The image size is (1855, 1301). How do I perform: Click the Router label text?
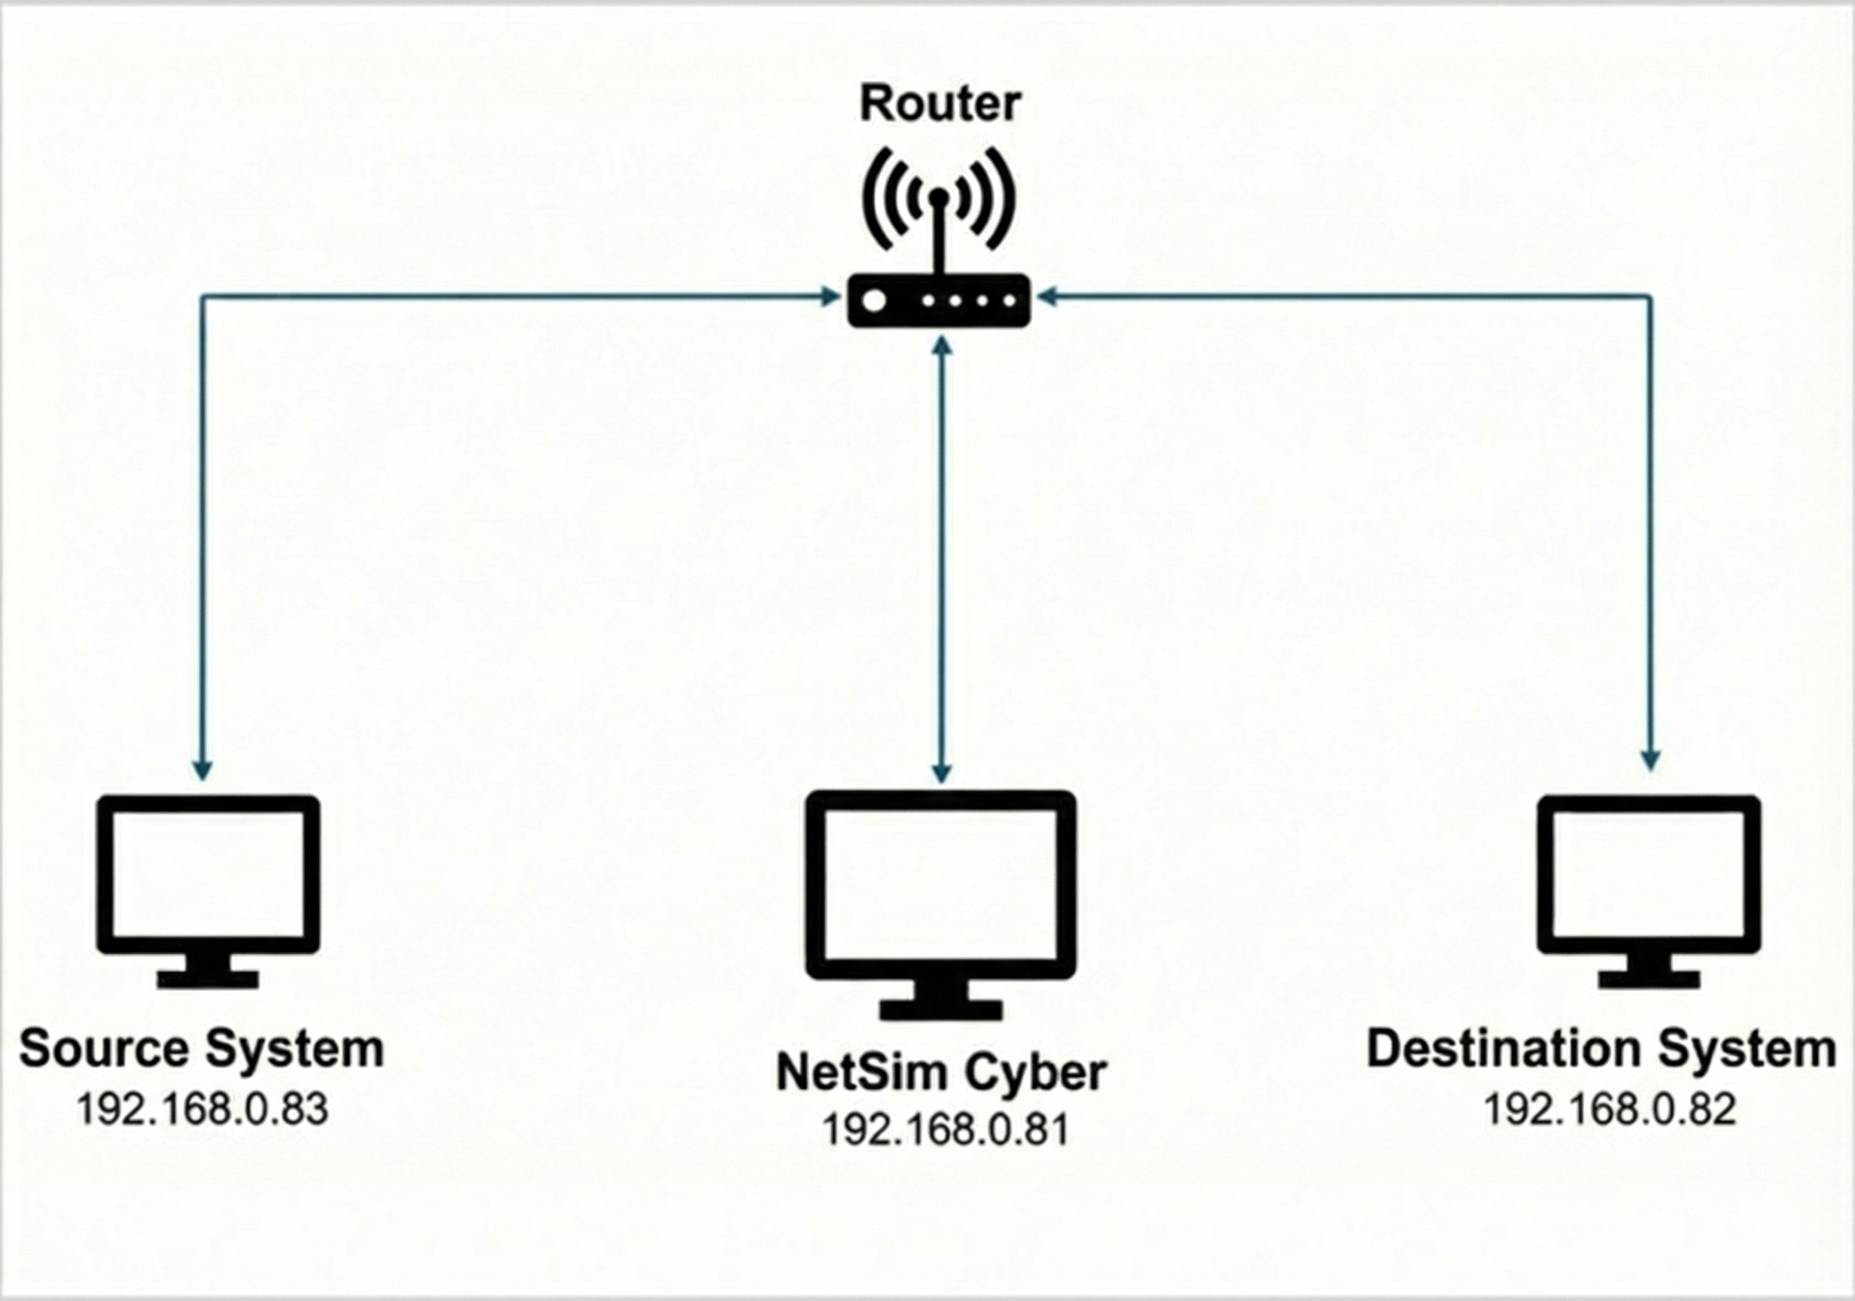pos(940,105)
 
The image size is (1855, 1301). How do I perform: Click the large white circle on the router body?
pos(874,301)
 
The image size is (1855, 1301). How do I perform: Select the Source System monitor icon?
pos(208,889)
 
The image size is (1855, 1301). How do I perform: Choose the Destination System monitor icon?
pos(1648,889)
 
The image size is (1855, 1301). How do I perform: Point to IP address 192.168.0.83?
pos(202,1109)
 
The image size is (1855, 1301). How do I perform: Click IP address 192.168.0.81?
pos(946,1129)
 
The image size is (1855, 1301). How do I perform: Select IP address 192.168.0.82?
pos(1610,1109)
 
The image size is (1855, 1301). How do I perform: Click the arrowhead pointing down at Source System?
pos(203,769)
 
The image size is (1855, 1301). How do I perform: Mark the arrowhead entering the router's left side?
pos(830,297)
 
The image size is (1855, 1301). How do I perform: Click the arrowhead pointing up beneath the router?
pos(941,346)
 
